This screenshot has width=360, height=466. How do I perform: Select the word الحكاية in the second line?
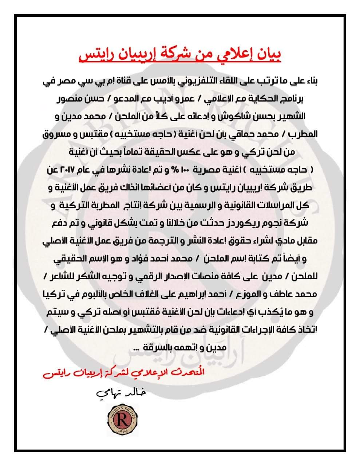(x=256, y=99)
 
